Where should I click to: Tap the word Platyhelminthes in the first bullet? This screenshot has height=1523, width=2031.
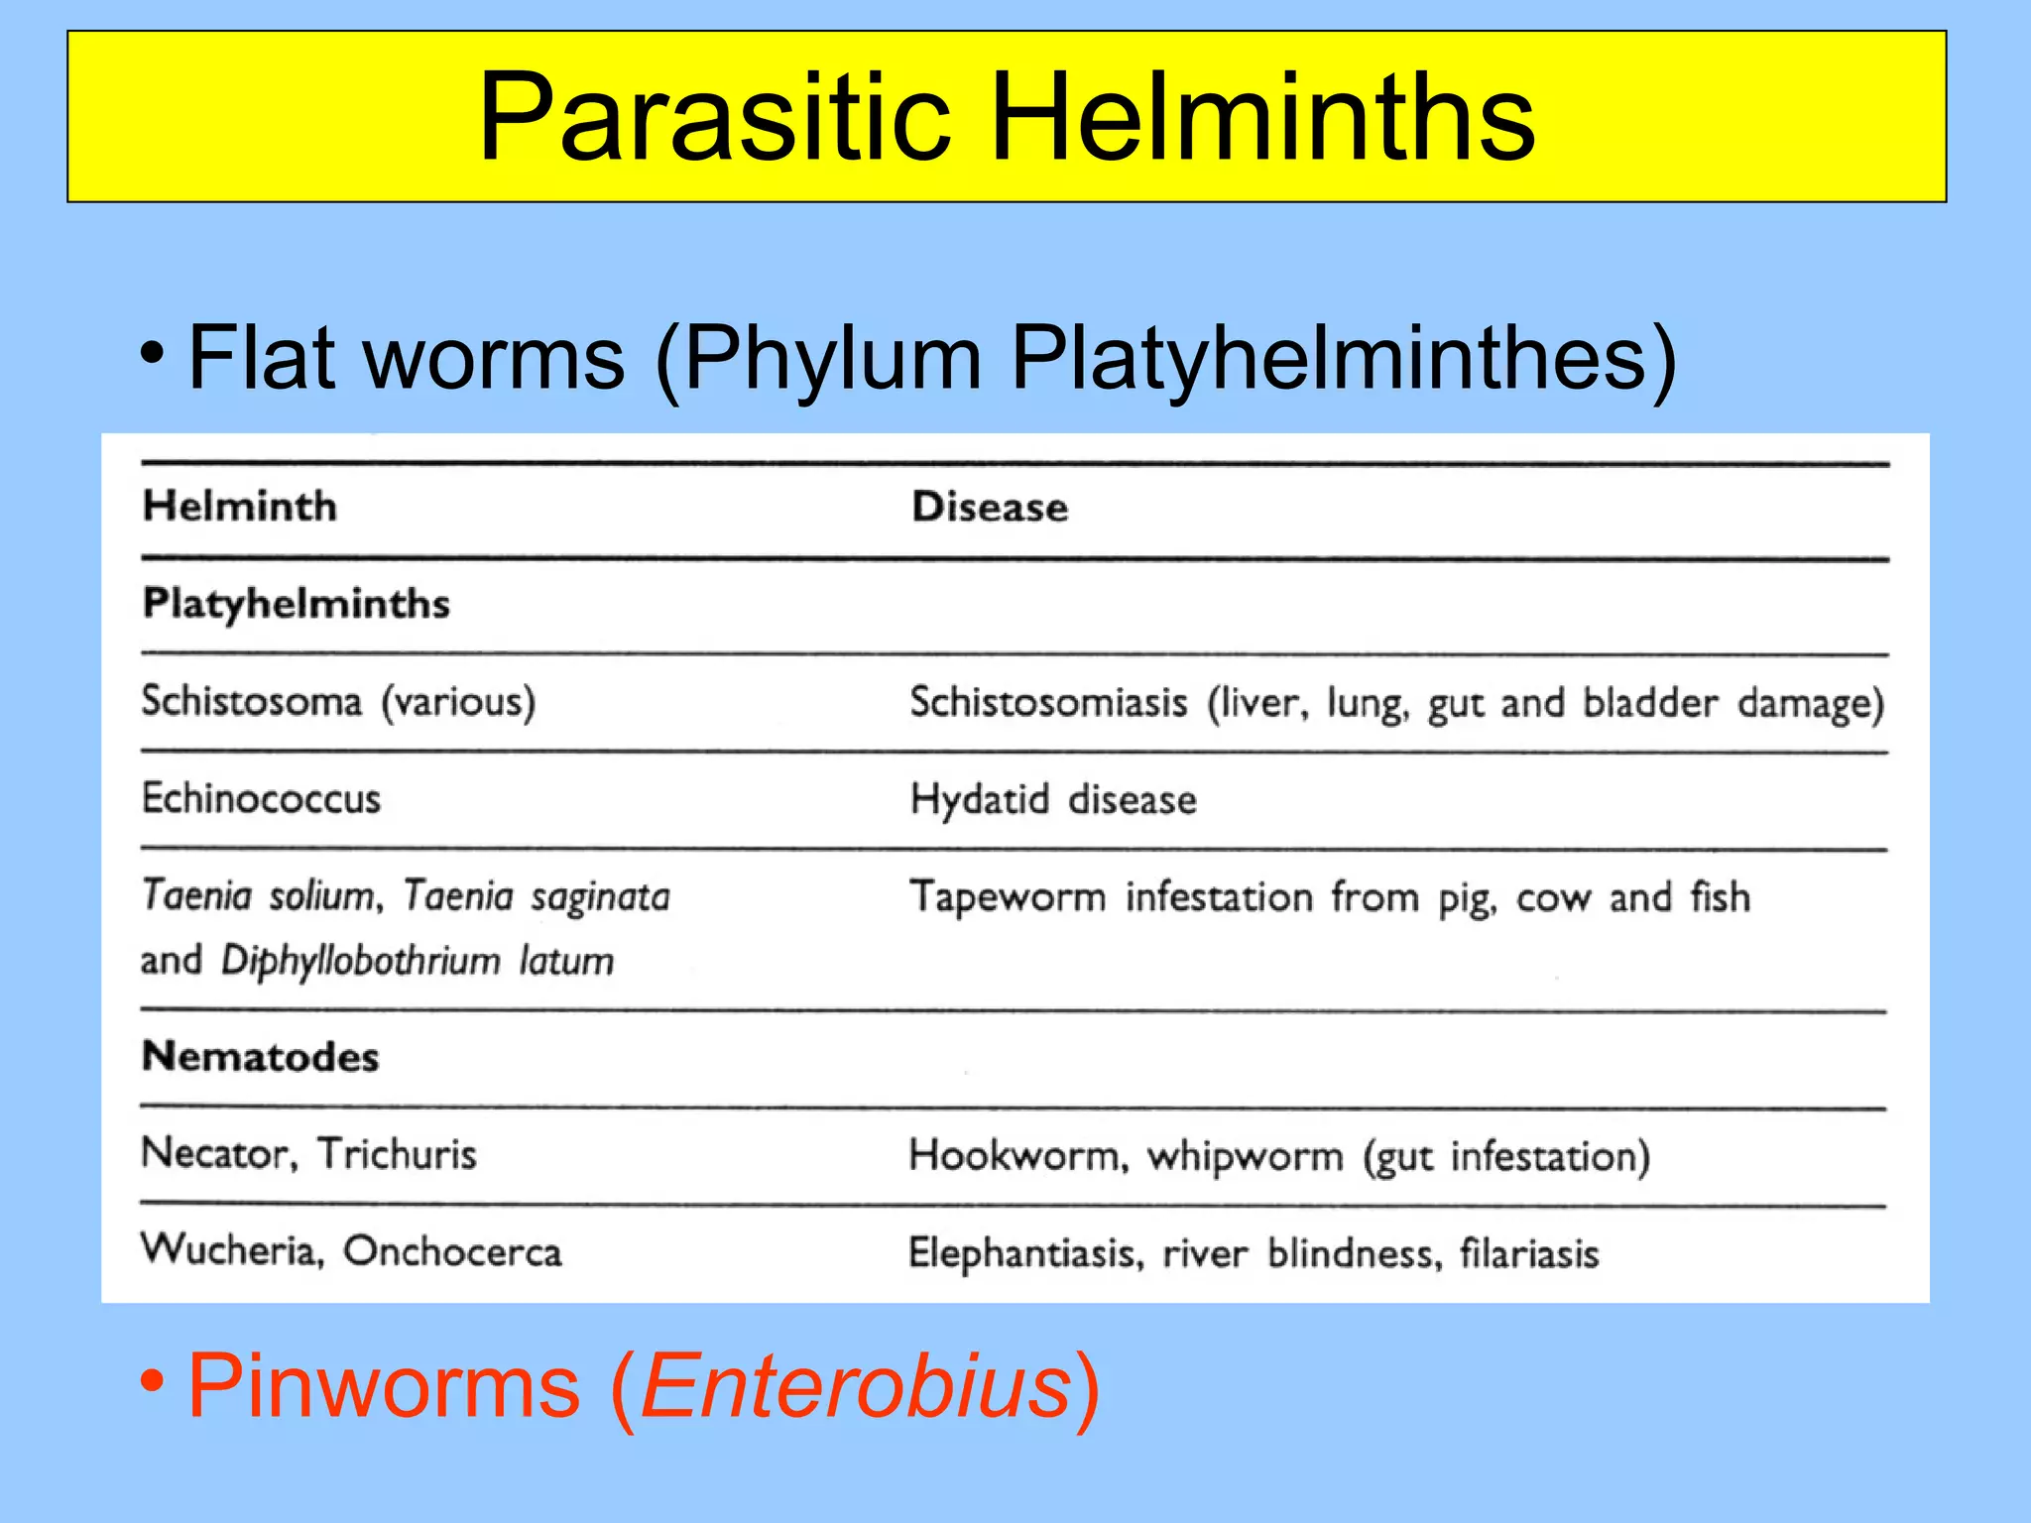coord(1329,359)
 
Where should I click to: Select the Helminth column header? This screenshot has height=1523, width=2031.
coord(240,507)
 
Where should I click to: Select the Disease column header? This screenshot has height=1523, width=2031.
coord(990,508)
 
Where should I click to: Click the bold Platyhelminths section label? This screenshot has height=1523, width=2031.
coord(296,604)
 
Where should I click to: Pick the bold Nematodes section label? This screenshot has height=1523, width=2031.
coord(260,1057)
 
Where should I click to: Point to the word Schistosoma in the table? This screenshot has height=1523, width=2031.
coord(252,701)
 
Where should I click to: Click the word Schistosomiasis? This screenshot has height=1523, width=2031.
coord(1048,703)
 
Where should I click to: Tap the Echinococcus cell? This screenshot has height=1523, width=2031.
coord(261,798)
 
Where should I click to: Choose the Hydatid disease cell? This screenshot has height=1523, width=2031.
coord(1053,799)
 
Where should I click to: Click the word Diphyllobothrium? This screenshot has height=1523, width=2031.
coord(361,961)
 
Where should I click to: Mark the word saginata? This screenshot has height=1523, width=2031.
coord(600,896)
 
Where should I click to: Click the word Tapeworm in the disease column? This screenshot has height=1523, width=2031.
coord(1008,897)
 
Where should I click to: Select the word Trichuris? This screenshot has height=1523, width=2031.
coord(397,1154)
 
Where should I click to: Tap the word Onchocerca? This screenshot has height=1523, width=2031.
coord(452,1251)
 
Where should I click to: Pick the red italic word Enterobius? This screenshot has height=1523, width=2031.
coord(856,1386)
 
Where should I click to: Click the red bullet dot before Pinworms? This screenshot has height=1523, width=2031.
coord(152,1379)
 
